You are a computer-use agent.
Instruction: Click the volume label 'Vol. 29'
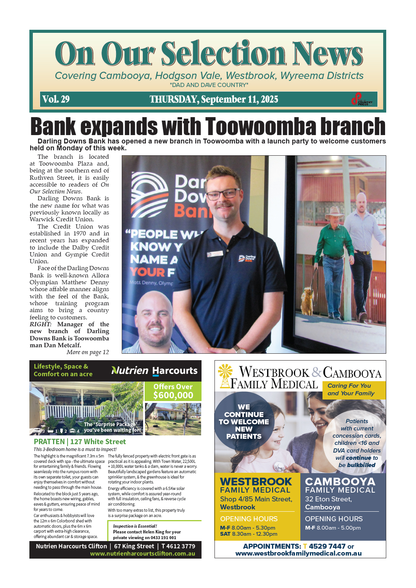56,99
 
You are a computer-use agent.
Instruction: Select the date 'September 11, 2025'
239,99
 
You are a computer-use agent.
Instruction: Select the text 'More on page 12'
87,352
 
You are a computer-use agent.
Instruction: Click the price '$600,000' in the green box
173,395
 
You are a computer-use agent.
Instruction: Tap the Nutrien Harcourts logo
154,371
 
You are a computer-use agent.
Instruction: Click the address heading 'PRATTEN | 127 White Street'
80,441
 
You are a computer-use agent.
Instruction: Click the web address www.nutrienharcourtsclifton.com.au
142,554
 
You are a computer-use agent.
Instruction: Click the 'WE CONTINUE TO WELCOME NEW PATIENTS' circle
244,422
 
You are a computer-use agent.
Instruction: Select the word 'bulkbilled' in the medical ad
361,465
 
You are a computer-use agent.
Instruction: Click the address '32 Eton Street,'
328,499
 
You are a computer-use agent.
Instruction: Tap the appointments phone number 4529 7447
327,546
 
